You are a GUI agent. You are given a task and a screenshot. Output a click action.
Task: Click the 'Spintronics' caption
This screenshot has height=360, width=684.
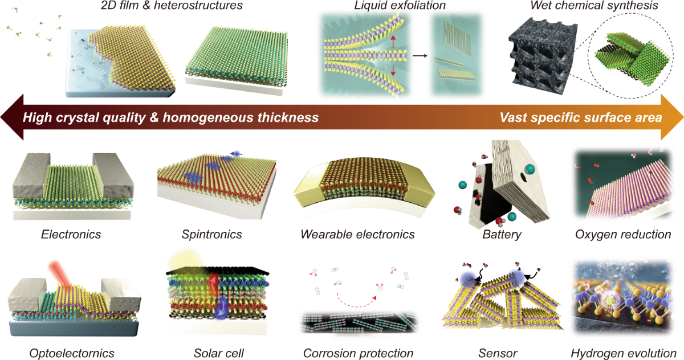(x=211, y=234)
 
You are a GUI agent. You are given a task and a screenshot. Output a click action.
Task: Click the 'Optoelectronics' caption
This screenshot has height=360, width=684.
(x=71, y=353)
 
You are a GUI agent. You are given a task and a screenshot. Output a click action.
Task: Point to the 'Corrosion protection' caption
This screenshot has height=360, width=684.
(x=359, y=353)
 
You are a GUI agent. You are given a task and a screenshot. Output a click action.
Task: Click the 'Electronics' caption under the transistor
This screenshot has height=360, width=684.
(x=71, y=234)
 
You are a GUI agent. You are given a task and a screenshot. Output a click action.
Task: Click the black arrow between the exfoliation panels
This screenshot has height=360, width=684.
(x=420, y=56)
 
